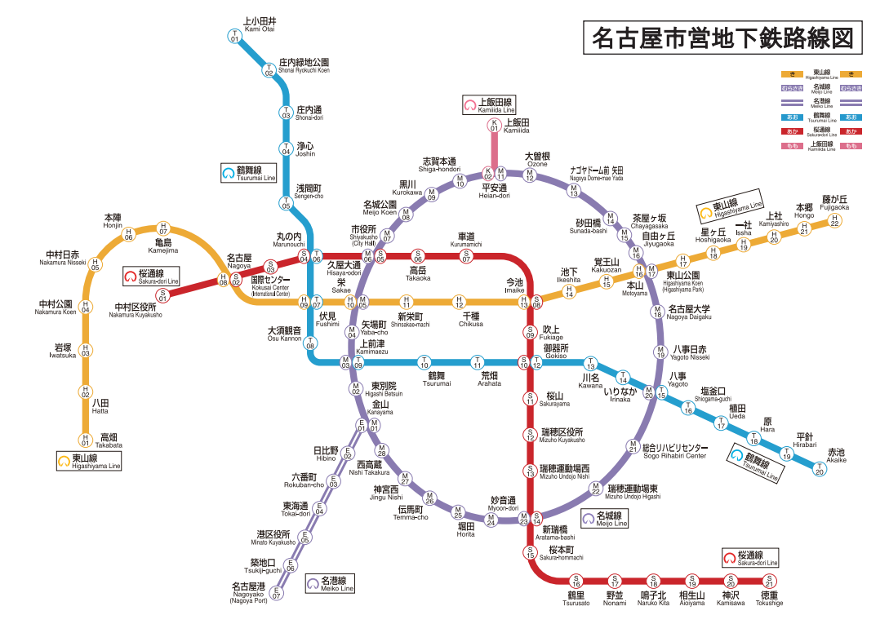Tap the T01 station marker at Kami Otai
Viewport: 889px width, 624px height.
[x=234, y=36]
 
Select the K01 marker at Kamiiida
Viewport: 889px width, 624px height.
[x=493, y=126]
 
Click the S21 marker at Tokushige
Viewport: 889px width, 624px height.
[x=768, y=581]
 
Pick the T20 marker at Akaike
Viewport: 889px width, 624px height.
[x=820, y=469]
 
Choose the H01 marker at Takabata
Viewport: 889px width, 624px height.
[x=84, y=441]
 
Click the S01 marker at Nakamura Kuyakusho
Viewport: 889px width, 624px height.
[x=162, y=295]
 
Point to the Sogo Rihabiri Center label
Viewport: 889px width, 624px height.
[x=673, y=451]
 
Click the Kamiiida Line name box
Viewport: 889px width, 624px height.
[x=489, y=104]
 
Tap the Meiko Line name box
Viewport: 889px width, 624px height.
[x=331, y=584]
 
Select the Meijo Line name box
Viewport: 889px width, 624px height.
[x=604, y=519]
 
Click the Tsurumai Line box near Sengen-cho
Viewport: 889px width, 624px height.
[x=249, y=173]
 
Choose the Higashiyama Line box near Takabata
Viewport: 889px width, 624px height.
[x=88, y=461]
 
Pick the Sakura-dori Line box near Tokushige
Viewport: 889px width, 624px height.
[x=751, y=559]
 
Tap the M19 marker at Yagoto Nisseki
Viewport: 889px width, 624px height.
[x=660, y=352]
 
